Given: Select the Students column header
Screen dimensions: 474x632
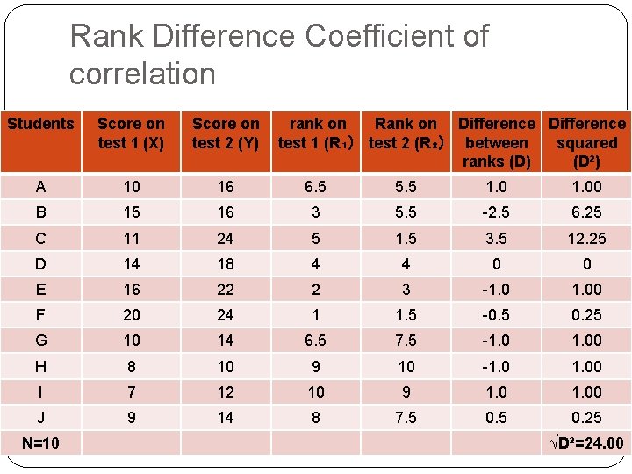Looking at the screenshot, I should click(x=40, y=124).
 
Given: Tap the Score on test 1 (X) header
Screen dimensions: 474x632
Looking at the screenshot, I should click(x=131, y=133).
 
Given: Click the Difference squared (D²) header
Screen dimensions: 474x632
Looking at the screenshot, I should click(x=586, y=142).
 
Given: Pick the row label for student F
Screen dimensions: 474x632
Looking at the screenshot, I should click(x=40, y=315).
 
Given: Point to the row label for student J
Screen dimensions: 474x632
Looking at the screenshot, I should click(x=40, y=418).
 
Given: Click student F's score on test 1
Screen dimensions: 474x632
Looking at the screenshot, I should click(x=131, y=315).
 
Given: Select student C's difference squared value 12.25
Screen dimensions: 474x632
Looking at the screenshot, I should click(x=586, y=239).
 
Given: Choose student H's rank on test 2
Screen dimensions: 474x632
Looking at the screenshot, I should click(x=405, y=367).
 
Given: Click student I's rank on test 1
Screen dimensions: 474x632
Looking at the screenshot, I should click(x=316, y=392).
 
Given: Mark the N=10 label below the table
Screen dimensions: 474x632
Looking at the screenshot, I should click(x=40, y=443).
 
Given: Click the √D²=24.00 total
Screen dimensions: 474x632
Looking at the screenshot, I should click(x=586, y=443).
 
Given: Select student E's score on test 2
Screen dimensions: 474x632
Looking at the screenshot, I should click(x=226, y=290).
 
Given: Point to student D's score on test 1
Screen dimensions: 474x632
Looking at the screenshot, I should click(x=131, y=264).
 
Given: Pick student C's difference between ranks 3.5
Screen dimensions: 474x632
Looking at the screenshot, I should click(x=496, y=239).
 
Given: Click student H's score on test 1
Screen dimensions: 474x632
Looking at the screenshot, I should click(x=131, y=367).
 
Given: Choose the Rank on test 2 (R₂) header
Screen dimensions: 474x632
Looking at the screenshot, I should click(x=405, y=133).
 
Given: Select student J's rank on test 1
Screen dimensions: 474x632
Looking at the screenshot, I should click(x=316, y=418).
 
